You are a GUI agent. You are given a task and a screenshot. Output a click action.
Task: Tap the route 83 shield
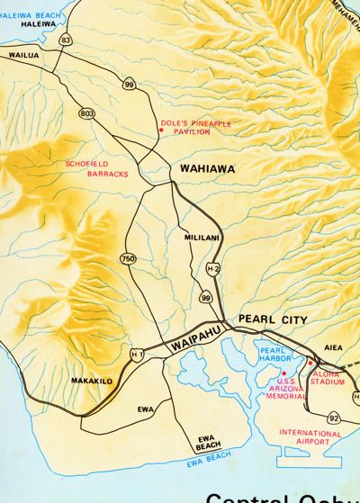click(66, 40)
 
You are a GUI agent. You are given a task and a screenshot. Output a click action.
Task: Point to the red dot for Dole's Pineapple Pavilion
click(160, 129)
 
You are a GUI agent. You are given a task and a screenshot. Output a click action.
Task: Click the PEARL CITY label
click(273, 319)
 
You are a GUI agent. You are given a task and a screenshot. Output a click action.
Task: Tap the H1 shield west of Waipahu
click(136, 355)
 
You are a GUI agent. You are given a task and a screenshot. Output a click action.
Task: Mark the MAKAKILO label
click(92, 381)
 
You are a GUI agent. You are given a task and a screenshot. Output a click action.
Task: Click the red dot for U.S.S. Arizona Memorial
click(284, 373)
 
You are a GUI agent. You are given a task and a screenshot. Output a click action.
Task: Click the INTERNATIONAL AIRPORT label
click(310, 437)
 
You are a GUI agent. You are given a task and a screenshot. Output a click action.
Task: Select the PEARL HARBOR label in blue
click(272, 355)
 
